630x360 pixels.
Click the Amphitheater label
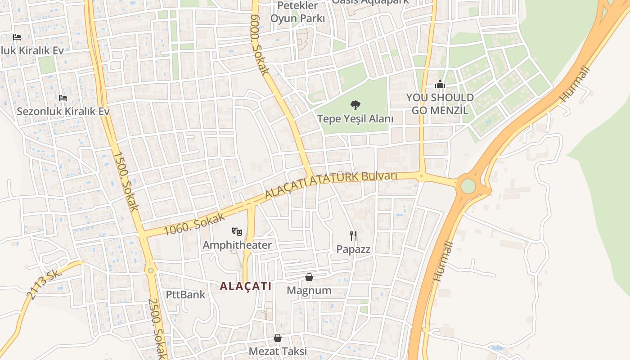point(237,245)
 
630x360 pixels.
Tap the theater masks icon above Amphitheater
point(237,232)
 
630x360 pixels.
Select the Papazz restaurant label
point(354,249)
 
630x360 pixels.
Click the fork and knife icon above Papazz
point(354,235)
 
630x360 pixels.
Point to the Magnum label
point(309,291)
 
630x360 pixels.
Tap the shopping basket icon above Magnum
point(309,277)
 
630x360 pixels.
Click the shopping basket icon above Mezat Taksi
point(278,338)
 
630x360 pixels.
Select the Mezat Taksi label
point(278,351)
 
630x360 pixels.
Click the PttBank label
point(186,295)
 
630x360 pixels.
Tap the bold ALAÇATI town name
point(246,286)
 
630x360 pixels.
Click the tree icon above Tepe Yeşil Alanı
point(355,105)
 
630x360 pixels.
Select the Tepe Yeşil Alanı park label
point(355,119)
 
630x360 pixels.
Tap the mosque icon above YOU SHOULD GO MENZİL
point(440,84)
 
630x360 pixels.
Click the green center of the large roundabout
point(468,186)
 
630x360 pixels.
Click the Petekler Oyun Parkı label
point(297,12)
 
